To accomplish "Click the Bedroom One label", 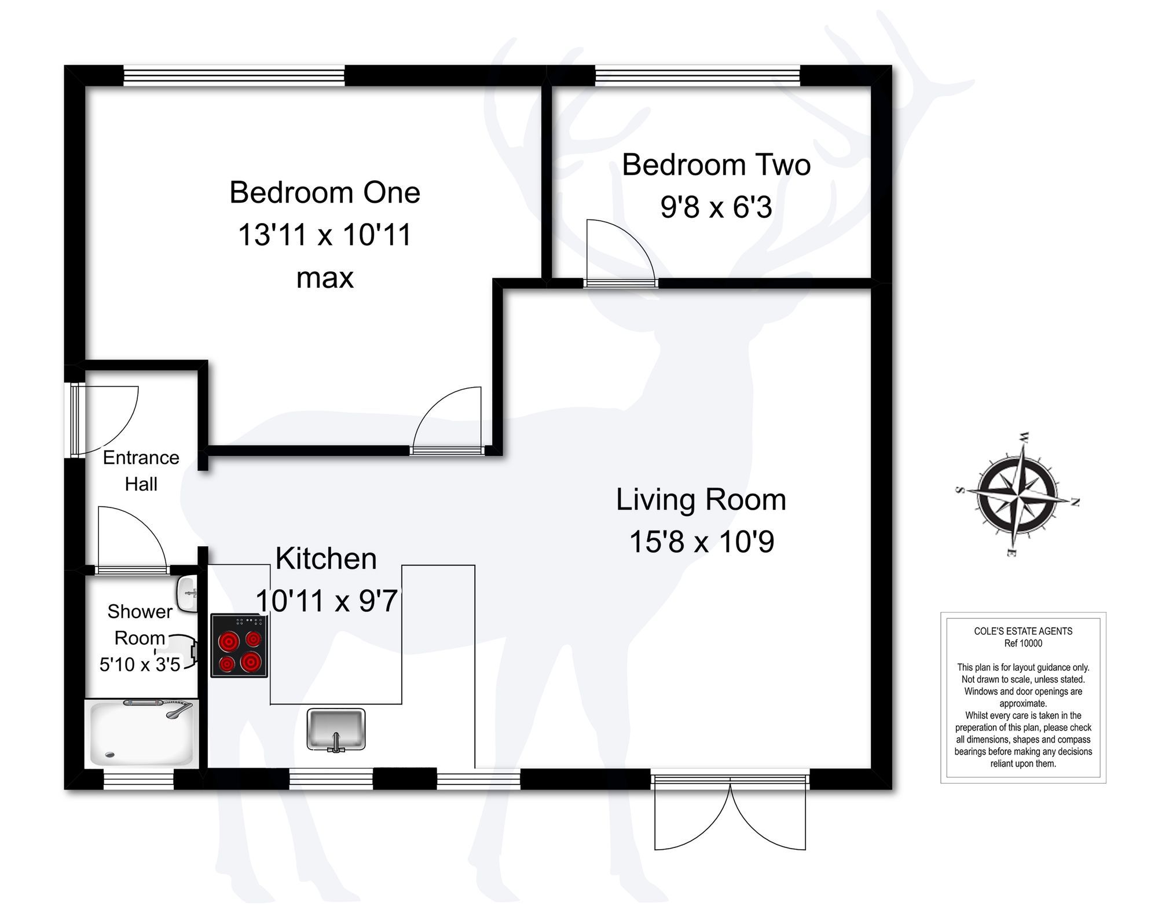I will point(324,192).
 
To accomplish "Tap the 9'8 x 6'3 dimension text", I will point(716,207).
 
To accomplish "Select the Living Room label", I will point(701,500).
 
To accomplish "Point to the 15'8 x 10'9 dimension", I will point(701,542).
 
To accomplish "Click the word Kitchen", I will point(326,559).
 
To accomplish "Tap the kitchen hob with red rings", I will point(239,645).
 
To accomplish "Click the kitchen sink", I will point(336,729).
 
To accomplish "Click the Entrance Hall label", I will point(141,470).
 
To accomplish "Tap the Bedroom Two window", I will point(697,76).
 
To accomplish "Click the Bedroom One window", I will point(234,76).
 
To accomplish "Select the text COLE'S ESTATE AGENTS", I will point(1023,631).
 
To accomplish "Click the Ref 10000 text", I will point(1023,643).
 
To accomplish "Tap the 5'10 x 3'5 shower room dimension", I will point(140,664).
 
